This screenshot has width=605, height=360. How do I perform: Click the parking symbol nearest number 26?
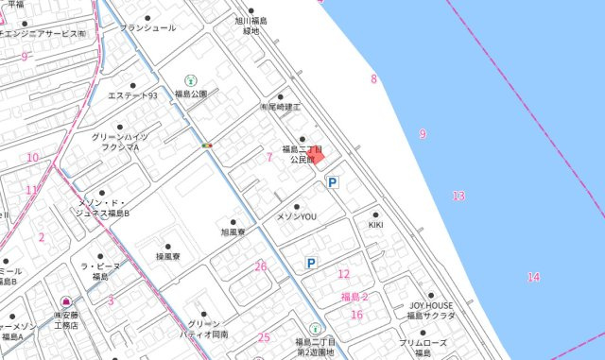click(x=310, y=264)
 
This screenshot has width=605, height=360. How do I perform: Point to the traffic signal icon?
click(x=206, y=146)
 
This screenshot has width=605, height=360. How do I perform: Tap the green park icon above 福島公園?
click(x=190, y=80)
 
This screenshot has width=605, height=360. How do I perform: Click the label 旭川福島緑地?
click(x=251, y=26)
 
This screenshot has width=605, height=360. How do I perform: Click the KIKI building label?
click(x=375, y=225)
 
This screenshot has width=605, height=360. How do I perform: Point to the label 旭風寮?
click(x=233, y=231)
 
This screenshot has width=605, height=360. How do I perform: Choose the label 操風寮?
click(x=167, y=256)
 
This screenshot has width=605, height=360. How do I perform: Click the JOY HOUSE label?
click(x=433, y=304)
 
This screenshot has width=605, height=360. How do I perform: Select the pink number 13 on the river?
click(x=458, y=196)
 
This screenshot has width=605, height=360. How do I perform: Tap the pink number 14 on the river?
click(x=534, y=277)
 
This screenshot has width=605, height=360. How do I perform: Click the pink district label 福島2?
click(x=354, y=297)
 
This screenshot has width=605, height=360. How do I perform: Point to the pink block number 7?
click(x=269, y=157)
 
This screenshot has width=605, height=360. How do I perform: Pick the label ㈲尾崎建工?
click(x=280, y=108)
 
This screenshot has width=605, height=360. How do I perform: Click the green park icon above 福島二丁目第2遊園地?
click(x=315, y=328)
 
